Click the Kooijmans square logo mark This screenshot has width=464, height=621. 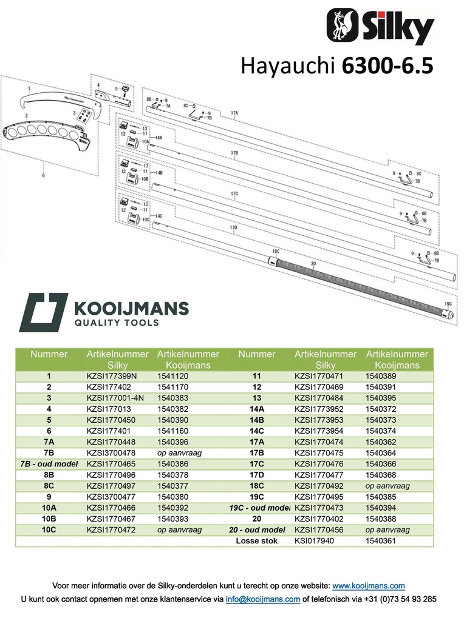(x=44, y=312)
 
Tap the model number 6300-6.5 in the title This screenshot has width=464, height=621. (x=387, y=65)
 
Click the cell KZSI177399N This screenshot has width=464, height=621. (x=111, y=376)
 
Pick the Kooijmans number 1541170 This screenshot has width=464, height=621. (x=172, y=388)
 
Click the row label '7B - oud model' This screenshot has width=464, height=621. (x=49, y=464)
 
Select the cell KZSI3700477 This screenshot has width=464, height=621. (x=111, y=497)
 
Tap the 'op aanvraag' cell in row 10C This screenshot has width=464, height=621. (x=179, y=530)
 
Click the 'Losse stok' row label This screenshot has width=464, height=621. (x=256, y=541)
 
